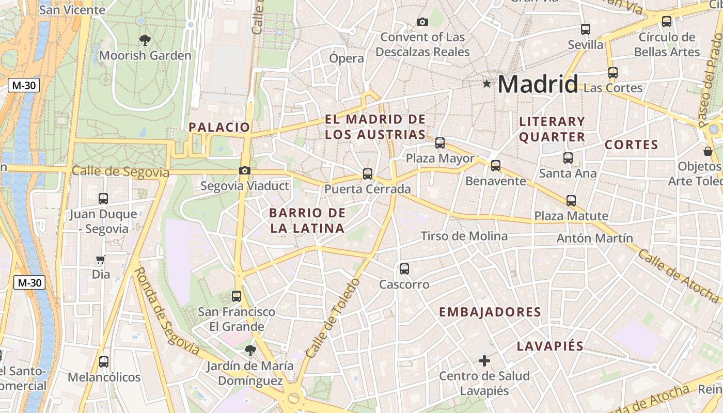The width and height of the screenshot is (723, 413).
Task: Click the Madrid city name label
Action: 538,84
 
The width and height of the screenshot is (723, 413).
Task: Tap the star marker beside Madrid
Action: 486,84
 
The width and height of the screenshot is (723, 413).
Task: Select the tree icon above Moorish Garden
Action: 145,39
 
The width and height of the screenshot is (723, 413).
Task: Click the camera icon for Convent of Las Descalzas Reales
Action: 422,22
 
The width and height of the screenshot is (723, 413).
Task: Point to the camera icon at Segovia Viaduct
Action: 245,170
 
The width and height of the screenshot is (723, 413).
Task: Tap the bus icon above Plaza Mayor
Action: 440,143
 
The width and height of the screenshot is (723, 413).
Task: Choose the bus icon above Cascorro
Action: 404,268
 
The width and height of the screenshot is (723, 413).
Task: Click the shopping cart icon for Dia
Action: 101,259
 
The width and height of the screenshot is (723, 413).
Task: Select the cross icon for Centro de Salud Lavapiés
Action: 484,360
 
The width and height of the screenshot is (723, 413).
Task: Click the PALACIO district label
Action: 219,127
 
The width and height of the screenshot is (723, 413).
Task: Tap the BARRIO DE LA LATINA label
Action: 307,220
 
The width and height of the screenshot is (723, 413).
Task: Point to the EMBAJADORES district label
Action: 490,312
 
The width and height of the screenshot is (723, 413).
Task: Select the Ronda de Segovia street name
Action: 167,311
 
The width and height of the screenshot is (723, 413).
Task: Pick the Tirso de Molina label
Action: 464,236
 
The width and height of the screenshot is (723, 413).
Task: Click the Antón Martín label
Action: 594,238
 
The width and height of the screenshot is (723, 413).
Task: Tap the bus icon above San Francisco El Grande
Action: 237,296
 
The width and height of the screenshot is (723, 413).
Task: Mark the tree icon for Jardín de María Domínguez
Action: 250,351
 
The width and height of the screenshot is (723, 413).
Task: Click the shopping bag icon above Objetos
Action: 708,151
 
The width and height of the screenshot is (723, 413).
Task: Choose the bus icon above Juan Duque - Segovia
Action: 103,198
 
